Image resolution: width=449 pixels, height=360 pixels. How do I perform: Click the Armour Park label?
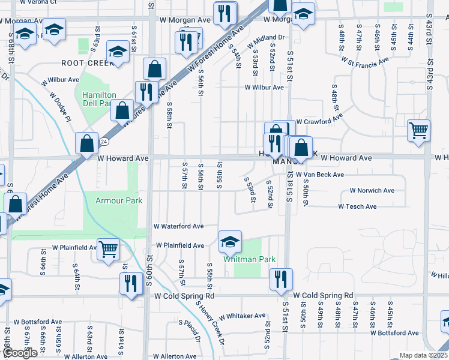119,200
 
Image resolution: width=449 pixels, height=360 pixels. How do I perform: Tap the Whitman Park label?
249,259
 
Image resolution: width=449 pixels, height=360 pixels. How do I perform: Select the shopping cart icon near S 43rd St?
418,130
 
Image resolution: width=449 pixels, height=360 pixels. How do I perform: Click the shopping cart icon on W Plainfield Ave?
108,249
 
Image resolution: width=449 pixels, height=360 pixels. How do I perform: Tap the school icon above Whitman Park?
230,241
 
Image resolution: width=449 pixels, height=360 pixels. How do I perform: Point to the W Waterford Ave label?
179,227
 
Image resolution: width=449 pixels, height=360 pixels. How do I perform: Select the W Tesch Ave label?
357,206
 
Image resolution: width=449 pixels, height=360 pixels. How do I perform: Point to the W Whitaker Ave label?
242,316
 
